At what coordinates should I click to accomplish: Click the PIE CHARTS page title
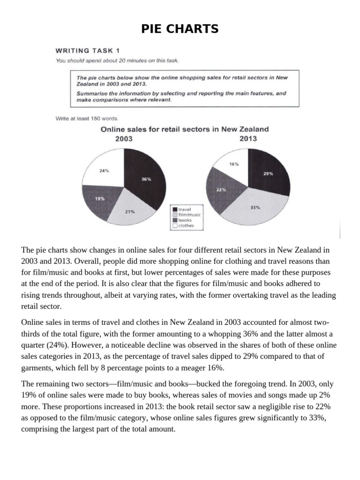(x=180, y=29)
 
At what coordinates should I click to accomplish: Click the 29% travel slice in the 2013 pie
(x=268, y=173)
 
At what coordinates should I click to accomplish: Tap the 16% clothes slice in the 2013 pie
(x=233, y=164)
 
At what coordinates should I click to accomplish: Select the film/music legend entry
(x=187, y=215)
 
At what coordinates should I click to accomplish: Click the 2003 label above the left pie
(x=124, y=139)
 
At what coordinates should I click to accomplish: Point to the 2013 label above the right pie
(x=247, y=139)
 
